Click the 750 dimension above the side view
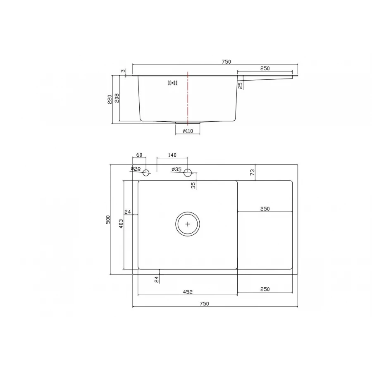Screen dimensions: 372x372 point(226,62)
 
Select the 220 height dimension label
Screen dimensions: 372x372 point(110,99)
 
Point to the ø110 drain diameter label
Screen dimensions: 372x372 point(188,131)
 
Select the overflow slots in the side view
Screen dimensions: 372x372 point(172,83)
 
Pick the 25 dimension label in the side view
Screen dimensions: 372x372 point(240,85)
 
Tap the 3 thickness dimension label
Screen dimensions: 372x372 point(123,71)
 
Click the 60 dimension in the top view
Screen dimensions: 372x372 point(139,155)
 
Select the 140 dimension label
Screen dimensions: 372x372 point(172,155)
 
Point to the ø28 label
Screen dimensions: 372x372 point(136,169)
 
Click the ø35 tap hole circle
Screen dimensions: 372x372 point(188,172)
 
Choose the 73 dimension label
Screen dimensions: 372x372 point(253,172)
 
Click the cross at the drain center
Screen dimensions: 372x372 point(188,224)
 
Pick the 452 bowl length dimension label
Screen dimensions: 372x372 point(188,292)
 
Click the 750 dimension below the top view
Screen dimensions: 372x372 point(204,303)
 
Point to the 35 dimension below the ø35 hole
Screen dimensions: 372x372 point(193,185)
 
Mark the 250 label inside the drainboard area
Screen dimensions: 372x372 point(265,209)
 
